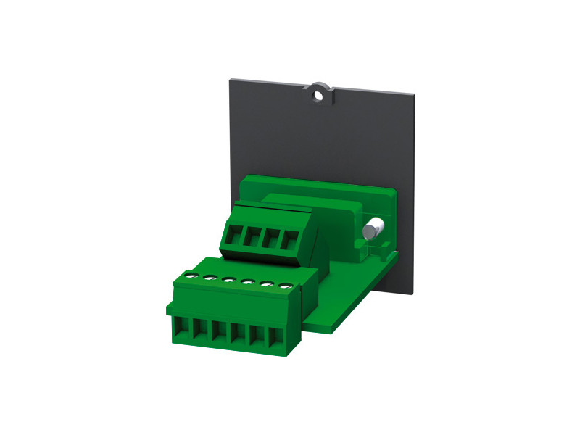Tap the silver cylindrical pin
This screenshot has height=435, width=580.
373,229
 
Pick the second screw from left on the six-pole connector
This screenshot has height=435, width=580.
210,278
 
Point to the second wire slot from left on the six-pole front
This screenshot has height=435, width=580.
199,333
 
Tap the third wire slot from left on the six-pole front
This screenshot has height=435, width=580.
218,334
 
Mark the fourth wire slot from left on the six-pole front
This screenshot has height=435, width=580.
237,336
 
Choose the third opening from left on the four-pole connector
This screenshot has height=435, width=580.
273,239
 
